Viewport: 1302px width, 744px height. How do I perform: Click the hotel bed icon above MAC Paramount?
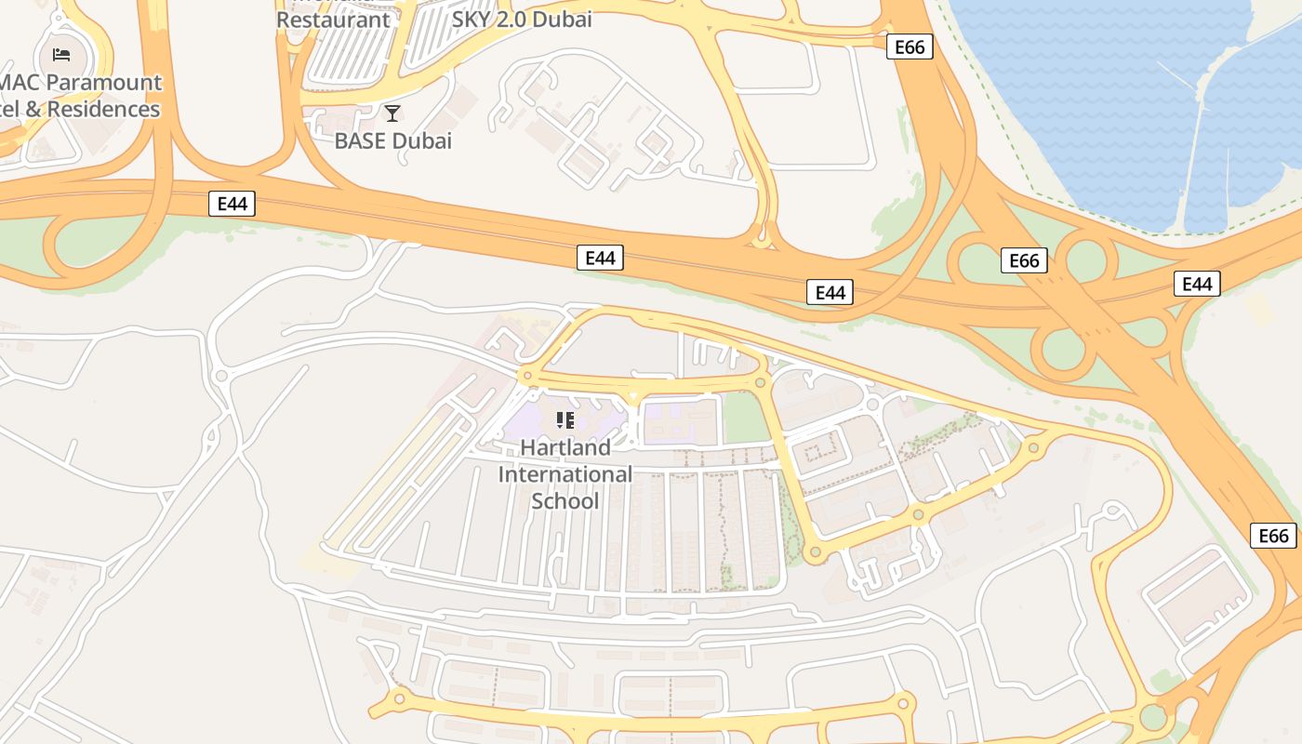pos(61,54)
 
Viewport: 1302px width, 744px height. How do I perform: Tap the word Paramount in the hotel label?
pos(103,82)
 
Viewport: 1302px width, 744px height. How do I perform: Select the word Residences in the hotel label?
pos(103,109)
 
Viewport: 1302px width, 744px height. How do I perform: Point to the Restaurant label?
pos(333,19)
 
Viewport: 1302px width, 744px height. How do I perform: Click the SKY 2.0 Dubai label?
pos(522,19)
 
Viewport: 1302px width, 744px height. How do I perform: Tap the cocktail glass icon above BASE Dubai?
pos(392,113)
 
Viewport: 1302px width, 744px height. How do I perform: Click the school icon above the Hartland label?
pos(565,420)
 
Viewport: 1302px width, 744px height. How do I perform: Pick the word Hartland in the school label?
pos(565,447)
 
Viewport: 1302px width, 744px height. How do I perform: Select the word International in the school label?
pos(565,474)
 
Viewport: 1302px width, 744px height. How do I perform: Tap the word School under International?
pos(565,501)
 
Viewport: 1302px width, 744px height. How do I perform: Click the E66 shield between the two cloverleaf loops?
pos(1024,260)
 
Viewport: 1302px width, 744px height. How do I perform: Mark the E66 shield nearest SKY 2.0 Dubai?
pos(909,46)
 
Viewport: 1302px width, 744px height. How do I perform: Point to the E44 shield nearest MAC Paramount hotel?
pos(232,204)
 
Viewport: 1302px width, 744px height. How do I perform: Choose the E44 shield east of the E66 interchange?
pos(1197,284)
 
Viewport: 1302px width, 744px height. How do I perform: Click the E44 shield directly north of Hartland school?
pos(600,259)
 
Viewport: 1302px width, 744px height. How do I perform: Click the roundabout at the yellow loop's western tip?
pos(528,376)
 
